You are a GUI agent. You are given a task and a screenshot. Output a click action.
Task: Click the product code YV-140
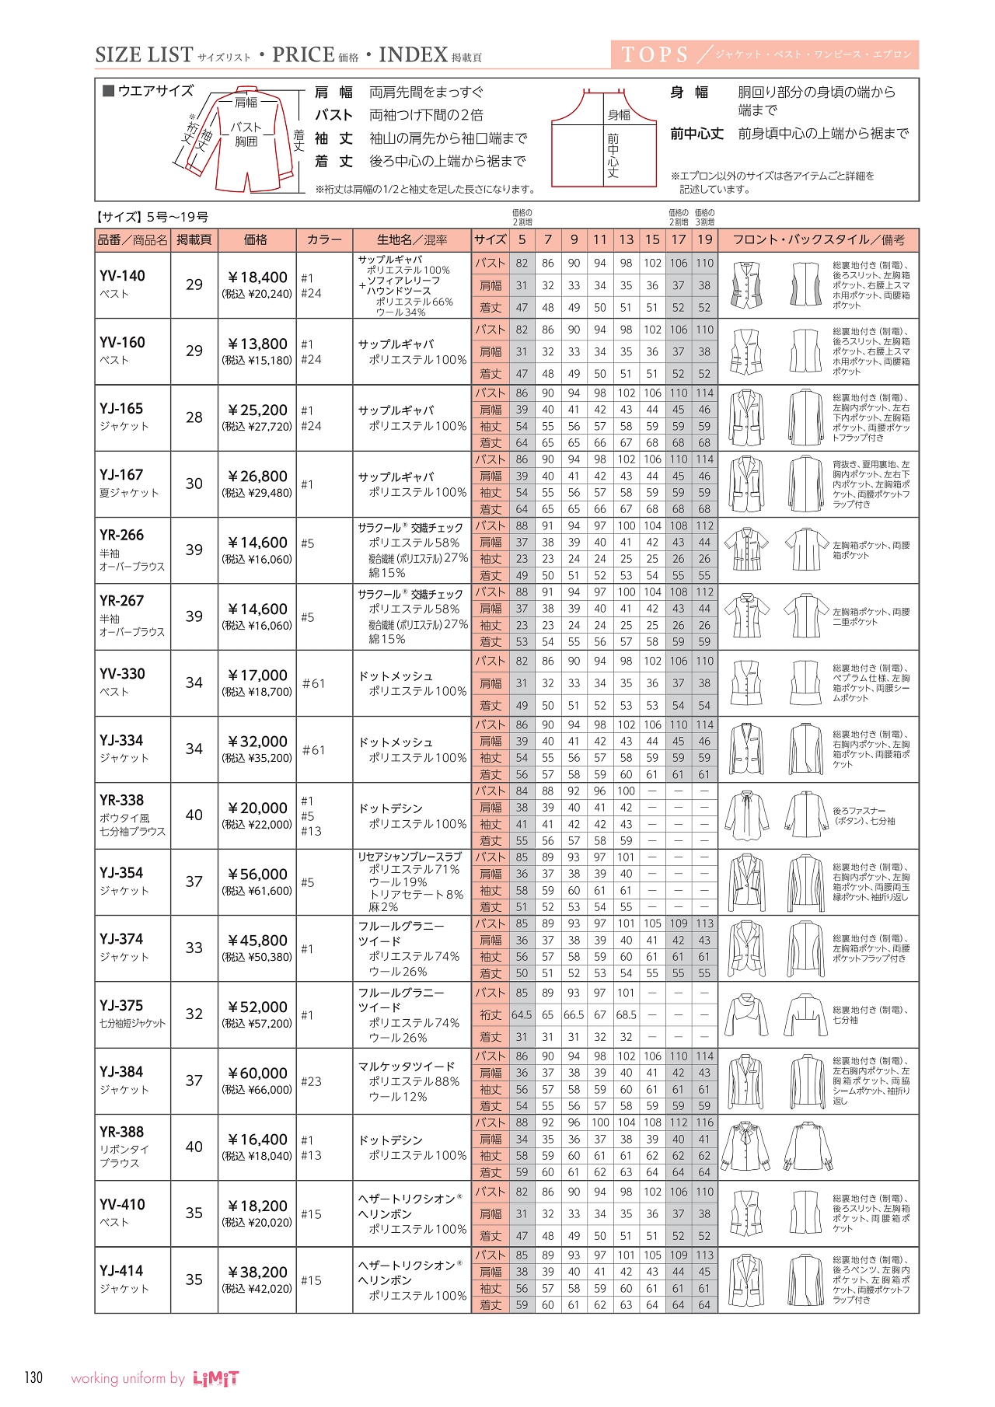pyautogui.click(x=122, y=276)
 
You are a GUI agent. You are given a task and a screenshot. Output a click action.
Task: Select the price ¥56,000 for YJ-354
pyautogui.click(x=257, y=874)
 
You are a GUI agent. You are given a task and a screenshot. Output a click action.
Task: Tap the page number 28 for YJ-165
pyautogui.click(x=194, y=417)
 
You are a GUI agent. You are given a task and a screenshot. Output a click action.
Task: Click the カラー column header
pyautogui.click(x=324, y=239)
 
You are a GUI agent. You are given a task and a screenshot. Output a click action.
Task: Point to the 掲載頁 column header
pyautogui.click(x=194, y=239)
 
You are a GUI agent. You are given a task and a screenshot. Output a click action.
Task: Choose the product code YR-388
pyautogui.click(x=122, y=1132)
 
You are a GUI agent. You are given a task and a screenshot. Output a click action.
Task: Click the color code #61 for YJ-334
pyautogui.click(x=313, y=750)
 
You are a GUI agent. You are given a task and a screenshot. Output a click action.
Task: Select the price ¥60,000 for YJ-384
pyautogui.click(x=257, y=1073)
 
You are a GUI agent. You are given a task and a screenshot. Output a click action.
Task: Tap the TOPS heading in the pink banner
pyautogui.click(x=655, y=55)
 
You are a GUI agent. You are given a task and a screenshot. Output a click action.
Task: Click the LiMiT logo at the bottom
pyautogui.click(x=215, y=1378)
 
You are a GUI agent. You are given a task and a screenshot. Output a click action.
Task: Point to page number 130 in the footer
pyautogui.click(x=33, y=1377)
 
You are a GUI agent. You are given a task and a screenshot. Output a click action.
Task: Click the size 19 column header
pyautogui.click(x=704, y=239)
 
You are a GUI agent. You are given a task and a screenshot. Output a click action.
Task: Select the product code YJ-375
pyautogui.click(x=122, y=1005)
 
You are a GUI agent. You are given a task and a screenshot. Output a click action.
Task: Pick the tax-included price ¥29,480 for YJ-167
pyautogui.click(x=257, y=493)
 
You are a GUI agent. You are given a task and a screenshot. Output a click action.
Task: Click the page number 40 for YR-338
pyautogui.click(x=194, y=815)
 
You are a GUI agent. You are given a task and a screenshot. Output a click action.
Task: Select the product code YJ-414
pyautogui.click(x=122, y=1271)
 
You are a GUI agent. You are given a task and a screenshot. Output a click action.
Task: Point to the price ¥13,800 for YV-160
pyautogui.click(x=257, y=344)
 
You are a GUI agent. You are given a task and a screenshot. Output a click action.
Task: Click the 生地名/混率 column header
pyautogui.click(x=412, y=239)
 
